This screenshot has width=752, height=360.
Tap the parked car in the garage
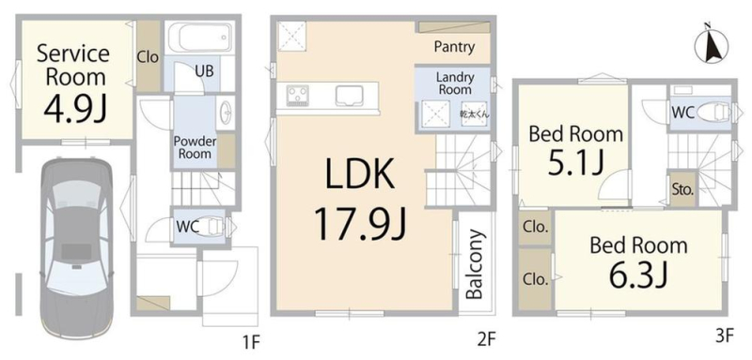[77, 248]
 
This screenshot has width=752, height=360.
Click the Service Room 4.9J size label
[74, 109]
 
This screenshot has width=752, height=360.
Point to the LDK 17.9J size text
[360, 224]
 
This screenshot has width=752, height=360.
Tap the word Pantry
[454, 46]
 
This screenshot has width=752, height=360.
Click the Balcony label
[475, 265]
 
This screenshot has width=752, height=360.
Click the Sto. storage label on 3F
[682, 189]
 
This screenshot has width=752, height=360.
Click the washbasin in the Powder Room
[225, 113]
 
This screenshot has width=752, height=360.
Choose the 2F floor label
[486, 340]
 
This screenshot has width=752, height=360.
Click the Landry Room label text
[454, 84]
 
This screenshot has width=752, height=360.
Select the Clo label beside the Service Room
[148, 58]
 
